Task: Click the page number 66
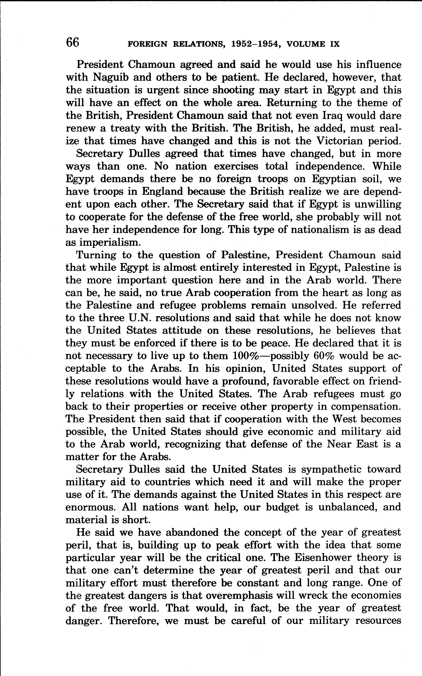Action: (73, 43)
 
